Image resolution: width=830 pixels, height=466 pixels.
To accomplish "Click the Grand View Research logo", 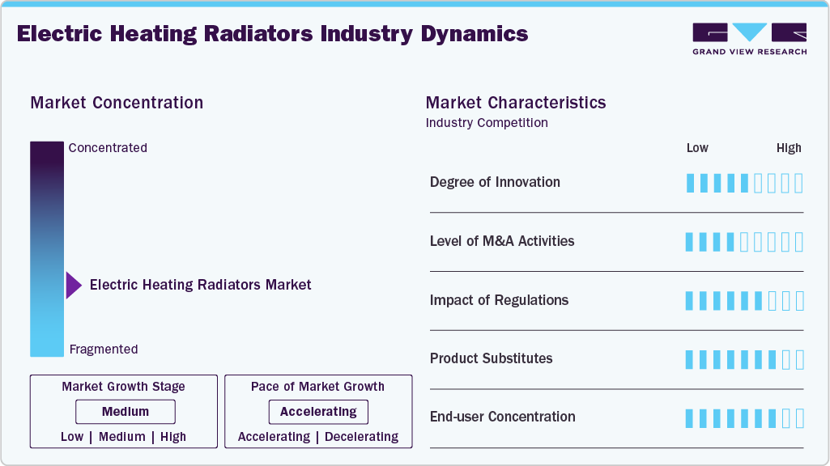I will [749, 38].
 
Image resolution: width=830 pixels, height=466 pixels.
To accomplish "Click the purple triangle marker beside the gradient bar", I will [73, 285].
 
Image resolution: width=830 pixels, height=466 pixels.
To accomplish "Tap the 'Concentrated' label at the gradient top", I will [108, 148].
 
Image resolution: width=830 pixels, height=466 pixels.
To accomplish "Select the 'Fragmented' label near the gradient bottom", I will [104, 349].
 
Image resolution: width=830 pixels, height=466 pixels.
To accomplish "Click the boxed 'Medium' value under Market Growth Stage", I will [126, 412].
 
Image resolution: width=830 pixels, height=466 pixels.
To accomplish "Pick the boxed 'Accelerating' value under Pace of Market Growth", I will [318, 412].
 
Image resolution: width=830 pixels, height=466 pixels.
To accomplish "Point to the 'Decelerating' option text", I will [361, 437].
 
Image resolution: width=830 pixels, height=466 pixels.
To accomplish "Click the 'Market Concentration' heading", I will [117, 103].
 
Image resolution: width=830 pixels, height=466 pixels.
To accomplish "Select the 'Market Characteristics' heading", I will [516, 103].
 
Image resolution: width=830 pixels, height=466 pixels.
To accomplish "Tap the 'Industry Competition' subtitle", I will [487, 123].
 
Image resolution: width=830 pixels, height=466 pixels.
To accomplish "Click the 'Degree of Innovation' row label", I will [495, 182].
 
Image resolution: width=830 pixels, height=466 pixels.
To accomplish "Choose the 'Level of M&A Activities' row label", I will [502, 241].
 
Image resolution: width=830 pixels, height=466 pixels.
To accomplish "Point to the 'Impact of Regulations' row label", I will [499, 300].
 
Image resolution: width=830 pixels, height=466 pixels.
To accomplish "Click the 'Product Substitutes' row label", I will [491, 358].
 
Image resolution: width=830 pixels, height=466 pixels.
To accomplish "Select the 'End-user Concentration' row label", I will [502, 417].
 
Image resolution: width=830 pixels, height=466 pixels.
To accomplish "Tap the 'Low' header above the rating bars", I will [697, 148].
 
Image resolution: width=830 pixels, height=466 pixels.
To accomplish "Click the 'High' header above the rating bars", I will [789, 148].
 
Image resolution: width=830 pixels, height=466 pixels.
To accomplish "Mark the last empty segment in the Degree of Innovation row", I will [799, 183].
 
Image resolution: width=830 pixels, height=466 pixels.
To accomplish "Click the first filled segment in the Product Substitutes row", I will [690, 359].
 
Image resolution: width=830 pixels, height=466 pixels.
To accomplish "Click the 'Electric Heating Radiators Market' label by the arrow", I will [200, 285].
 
